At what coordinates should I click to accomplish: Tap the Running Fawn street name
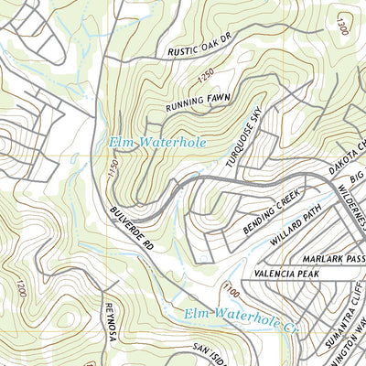pos(196,102)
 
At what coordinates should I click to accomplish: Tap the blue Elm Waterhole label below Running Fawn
pos(158,143)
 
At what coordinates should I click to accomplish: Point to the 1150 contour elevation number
pos(113,169)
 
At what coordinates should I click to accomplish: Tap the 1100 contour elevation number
pos(226,291)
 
